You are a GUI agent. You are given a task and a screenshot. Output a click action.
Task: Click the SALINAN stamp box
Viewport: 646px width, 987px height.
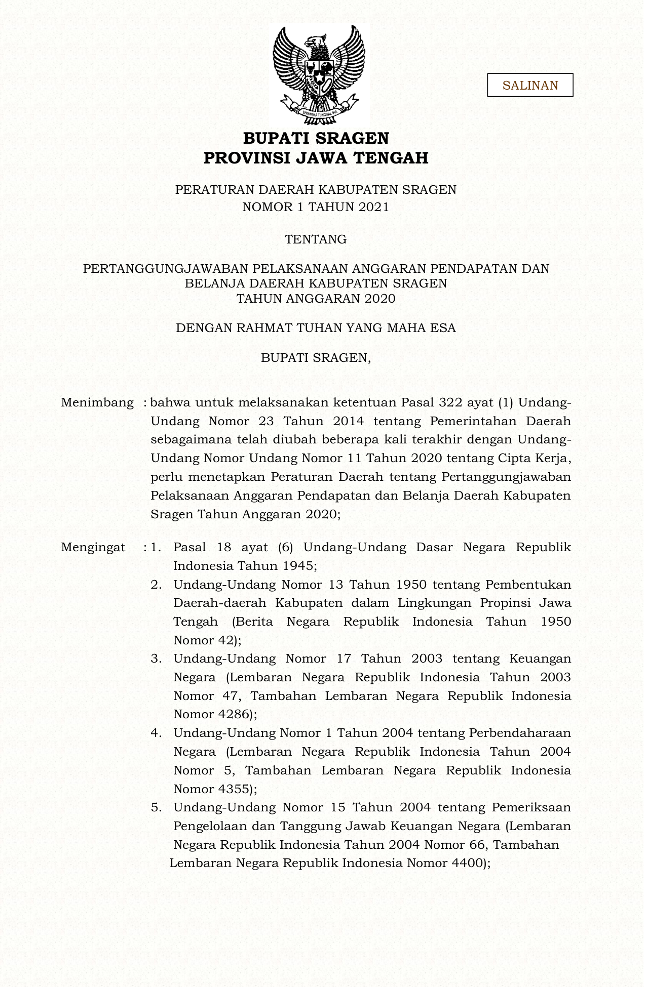pos(530,85)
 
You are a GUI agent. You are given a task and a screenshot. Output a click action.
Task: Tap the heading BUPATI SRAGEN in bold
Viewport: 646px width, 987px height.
pos(316,138)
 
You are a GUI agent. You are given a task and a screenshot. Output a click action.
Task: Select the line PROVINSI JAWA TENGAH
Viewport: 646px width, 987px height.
pos(316,158)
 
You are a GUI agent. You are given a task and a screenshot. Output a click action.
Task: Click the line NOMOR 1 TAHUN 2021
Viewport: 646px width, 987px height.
pos(316,207)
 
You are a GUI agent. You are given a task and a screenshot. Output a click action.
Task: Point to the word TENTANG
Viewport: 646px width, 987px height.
pos(316,239)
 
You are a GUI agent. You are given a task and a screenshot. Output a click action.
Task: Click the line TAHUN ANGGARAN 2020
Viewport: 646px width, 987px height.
pos(316,298)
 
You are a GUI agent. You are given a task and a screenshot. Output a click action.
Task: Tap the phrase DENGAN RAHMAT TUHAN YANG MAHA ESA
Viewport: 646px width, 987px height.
pos(316,328)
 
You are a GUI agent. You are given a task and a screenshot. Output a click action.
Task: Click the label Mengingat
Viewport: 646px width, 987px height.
pos(93,547)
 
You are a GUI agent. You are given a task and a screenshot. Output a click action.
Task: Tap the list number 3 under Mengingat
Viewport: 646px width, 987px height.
pos(156,659)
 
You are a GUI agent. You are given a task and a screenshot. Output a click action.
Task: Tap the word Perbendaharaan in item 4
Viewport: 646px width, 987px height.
pos(520,733)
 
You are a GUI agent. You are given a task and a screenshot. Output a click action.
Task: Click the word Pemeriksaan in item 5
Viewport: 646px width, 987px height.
pos(531,807)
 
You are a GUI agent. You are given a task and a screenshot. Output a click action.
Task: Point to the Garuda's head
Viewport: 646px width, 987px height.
pos(319,40)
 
